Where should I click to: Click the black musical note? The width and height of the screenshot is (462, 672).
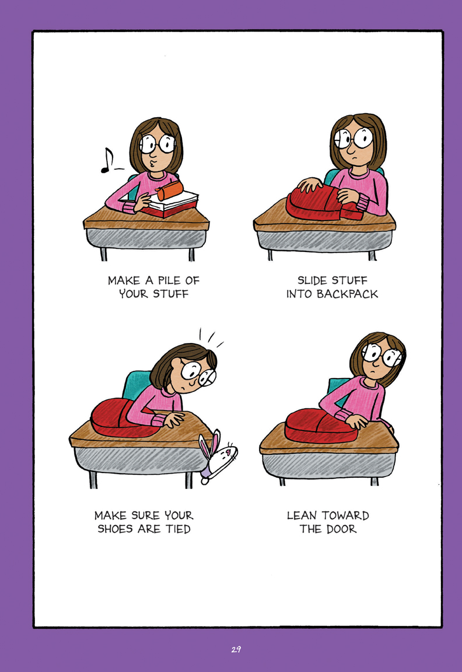(107, 161)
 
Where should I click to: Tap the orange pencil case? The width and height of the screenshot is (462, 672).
(170, 190)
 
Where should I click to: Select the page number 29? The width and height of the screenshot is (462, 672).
(236, 649)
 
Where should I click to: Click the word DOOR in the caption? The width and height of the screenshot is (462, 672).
(341, 529)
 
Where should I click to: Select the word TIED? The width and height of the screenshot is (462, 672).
(178, 529)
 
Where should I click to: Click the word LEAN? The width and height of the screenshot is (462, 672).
(302, 515)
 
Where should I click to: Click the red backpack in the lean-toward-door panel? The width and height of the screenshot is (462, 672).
(321, 426)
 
